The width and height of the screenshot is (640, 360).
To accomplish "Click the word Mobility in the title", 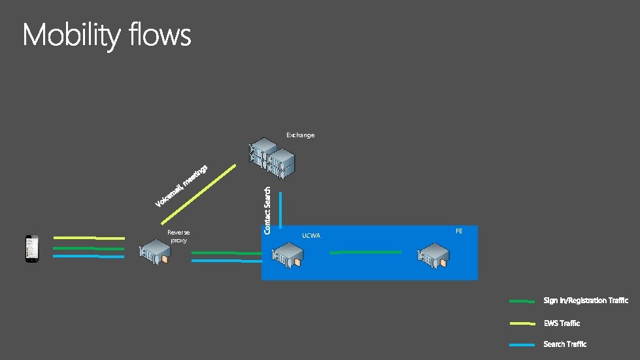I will click(x=71, y=35).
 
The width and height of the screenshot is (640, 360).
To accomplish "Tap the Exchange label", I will click(x=300, y=135).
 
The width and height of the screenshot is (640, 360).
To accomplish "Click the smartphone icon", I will click(x=31, y=248).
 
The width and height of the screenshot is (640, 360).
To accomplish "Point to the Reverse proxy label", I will click(x=178, y=236).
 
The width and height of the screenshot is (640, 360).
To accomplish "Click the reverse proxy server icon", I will click(x=154, y=253).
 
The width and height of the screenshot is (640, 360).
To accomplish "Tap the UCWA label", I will click(x=311, y=236).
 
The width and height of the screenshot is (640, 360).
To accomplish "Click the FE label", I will click(x=459, y=231).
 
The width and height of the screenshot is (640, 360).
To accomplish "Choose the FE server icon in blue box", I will click(x=434, y=255).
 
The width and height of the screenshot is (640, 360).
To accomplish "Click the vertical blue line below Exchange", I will click(x=280, y=209).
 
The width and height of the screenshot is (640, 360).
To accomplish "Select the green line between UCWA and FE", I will click(x=365, y=252).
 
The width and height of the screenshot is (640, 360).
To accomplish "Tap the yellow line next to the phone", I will click(x=89, y=238).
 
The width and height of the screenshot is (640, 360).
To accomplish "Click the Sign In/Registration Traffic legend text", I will click(x=585, y=301).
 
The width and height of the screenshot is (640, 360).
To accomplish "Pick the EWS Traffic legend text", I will click(x=561, y=323).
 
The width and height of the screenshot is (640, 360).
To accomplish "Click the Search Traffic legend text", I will click(x=565, y=344).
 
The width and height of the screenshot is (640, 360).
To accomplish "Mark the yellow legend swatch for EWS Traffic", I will click(x=522, y=323).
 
